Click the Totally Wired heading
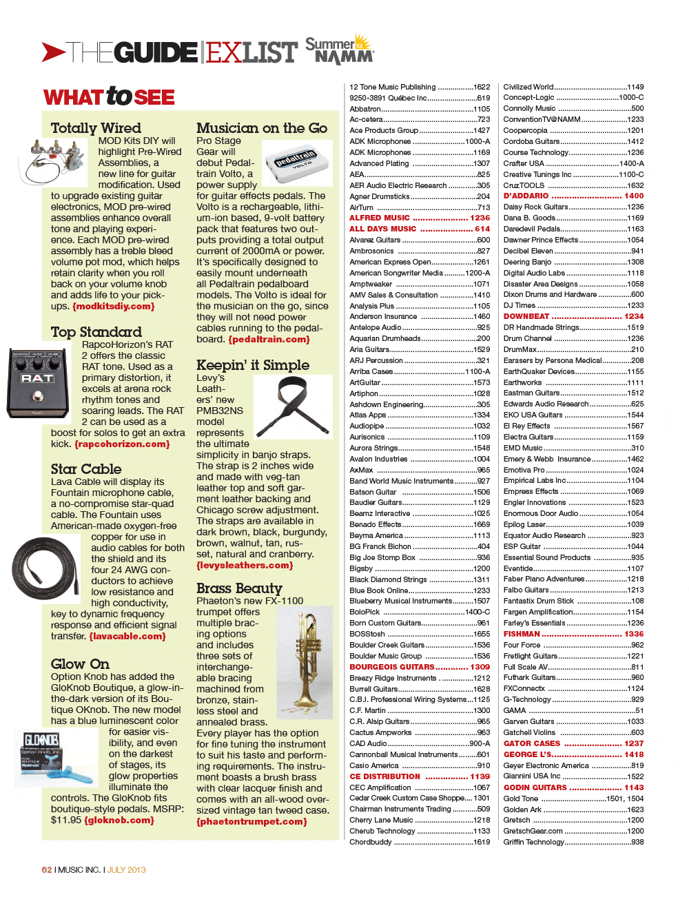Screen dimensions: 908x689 pos(96,128)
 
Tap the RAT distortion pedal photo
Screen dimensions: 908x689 pos(38,383)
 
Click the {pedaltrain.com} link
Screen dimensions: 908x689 pos(269,340)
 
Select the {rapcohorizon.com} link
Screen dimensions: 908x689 pos(122,444)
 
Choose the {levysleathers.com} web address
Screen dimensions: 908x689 pos(245,566)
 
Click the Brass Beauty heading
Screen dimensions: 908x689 pos(239,588)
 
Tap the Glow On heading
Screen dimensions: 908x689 pos(80,664)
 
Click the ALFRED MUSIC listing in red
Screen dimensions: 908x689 pos(380,218)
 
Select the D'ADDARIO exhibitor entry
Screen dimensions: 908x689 pos(526,196)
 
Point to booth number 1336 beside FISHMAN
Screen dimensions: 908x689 pos(634,634)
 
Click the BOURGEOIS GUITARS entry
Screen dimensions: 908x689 pos(391,667)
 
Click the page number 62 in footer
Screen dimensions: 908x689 pos(47,870)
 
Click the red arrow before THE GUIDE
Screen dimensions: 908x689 pos(53,52)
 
